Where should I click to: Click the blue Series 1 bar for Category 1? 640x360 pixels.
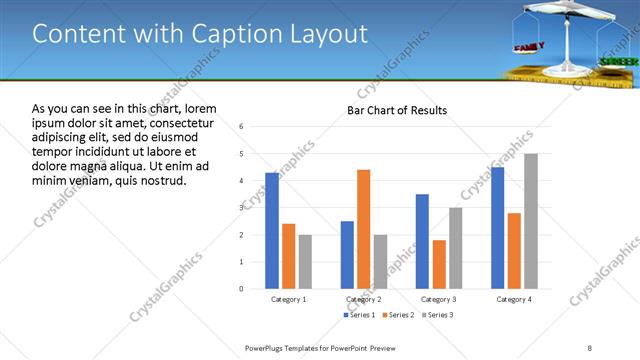coord(272,231)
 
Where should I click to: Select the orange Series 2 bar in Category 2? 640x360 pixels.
coord(363,229)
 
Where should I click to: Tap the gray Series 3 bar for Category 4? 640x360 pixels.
coord(531,221)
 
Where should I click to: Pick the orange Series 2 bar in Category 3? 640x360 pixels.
coord(439,264)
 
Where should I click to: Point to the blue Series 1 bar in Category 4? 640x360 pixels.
coord(498,228)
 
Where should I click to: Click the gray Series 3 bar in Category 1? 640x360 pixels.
coord(305,262)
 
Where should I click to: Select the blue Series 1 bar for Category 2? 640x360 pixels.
coord(347,255)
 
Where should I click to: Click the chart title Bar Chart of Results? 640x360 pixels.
coord(397,110)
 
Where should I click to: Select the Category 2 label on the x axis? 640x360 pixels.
coord(364,299)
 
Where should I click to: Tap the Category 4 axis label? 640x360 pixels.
coord(514,299)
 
